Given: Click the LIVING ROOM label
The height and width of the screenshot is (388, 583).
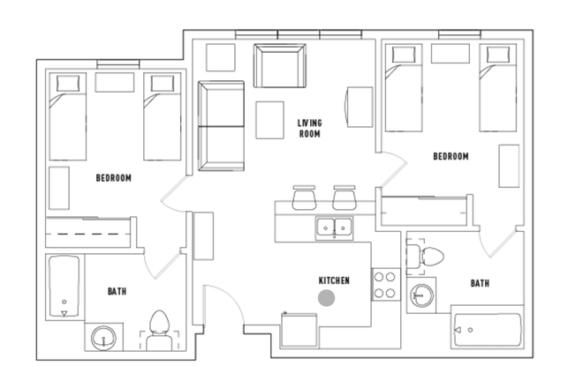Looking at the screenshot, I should [x=309, y=129].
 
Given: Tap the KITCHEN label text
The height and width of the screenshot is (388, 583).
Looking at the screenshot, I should [x=334, y=280].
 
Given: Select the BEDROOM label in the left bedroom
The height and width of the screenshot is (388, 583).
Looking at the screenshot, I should [x=113, y=178].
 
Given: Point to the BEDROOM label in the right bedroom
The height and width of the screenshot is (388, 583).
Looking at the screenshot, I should [x=450, y=157].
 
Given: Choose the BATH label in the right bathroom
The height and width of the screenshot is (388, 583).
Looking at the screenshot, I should [x=480, y=283].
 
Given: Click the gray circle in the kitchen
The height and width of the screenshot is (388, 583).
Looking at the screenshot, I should [x=327, y=299].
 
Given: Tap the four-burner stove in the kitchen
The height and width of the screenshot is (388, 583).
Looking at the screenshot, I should [x=385, y=284].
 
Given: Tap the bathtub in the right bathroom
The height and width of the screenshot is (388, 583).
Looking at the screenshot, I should [x=487, y=331].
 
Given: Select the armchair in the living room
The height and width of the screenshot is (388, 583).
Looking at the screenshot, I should [x=278, y=64].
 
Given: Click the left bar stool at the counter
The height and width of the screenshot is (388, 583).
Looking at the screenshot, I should [x=304, y=196].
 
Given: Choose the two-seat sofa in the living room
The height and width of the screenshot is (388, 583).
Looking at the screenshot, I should [x=221, y=125].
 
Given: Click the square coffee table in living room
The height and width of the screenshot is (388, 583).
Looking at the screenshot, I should [x=271, y=120].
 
